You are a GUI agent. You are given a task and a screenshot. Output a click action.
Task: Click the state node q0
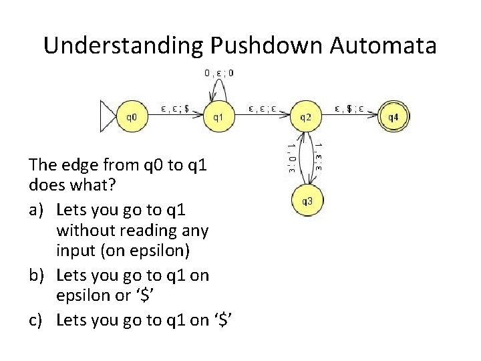132,116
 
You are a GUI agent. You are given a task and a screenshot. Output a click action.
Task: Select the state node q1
218,116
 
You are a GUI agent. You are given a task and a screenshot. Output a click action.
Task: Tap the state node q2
305,116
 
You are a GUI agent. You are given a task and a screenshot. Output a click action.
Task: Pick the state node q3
307,200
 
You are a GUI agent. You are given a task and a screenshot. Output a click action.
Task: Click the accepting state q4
393,116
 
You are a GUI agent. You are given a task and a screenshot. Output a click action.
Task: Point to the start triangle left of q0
107,116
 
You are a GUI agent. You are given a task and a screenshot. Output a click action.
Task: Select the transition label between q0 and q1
175,106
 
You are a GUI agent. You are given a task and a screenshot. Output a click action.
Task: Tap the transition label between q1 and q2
261,106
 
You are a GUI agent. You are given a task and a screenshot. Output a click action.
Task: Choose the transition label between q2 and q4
349,106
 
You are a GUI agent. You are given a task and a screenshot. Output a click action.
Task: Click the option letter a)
37,212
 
